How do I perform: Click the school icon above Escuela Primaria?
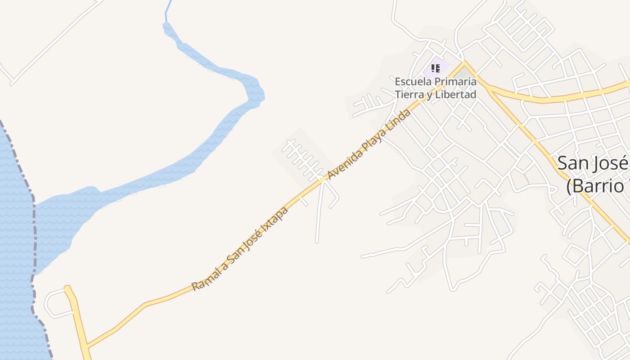click(435, 68)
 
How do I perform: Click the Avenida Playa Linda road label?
click(369, 144)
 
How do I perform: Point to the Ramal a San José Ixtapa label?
click(240, 249)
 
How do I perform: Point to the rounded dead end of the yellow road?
click(68, 288)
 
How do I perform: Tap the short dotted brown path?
click(526, 179)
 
